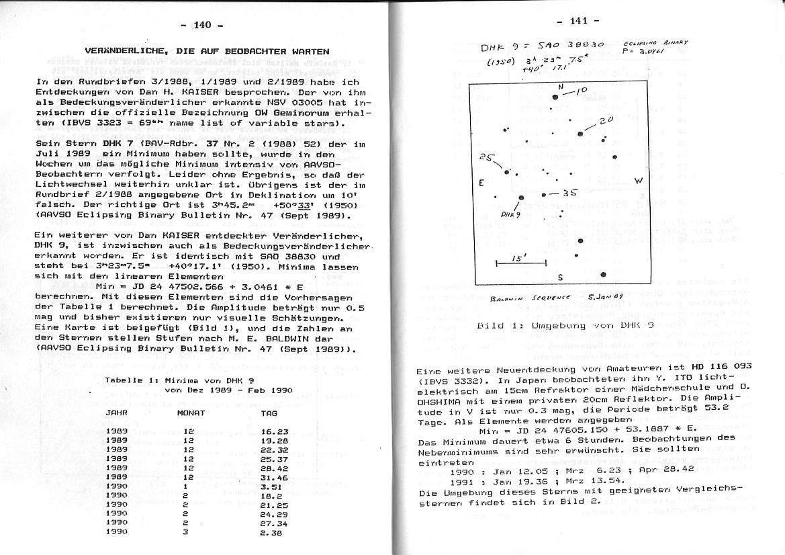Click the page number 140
[x=202, y=25]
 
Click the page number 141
[x=579, y=21]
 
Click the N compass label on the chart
[x=561, y=87]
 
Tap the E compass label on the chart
[x=481, y=183]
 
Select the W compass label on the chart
[x=639, y=180]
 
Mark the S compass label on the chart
[x=560, y=278]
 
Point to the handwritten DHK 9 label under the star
[x=512, y=214]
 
